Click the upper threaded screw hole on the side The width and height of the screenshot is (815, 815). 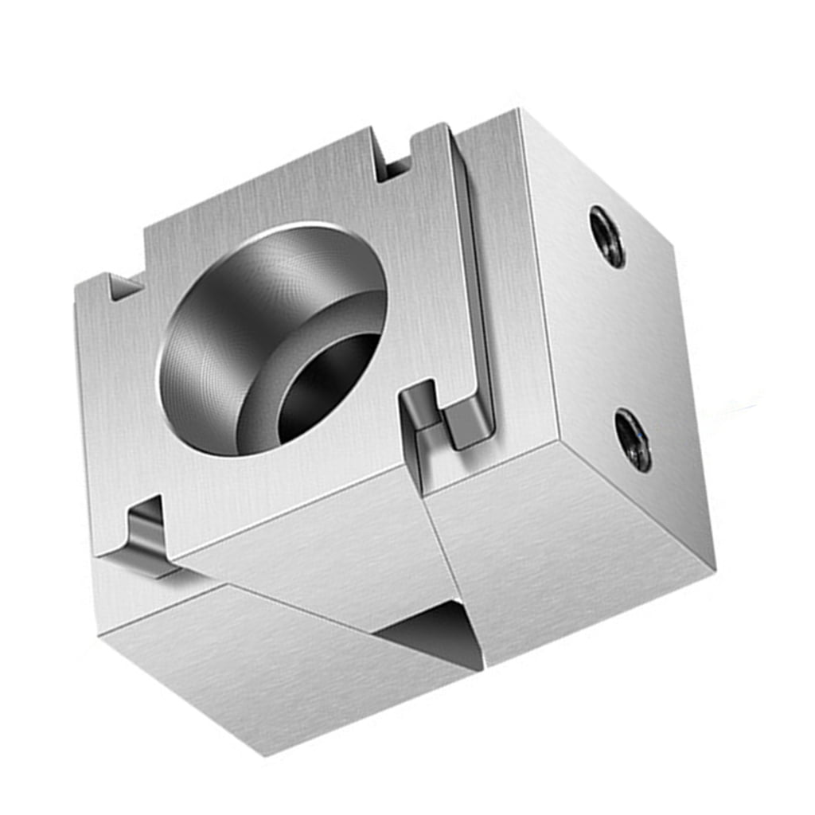click(607, 236)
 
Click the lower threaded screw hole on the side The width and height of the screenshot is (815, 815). click(633, 440)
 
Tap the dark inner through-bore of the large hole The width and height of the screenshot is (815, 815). click(328, 388)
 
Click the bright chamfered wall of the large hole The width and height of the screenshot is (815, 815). click(215, 350)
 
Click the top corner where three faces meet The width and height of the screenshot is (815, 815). click(521, 111)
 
